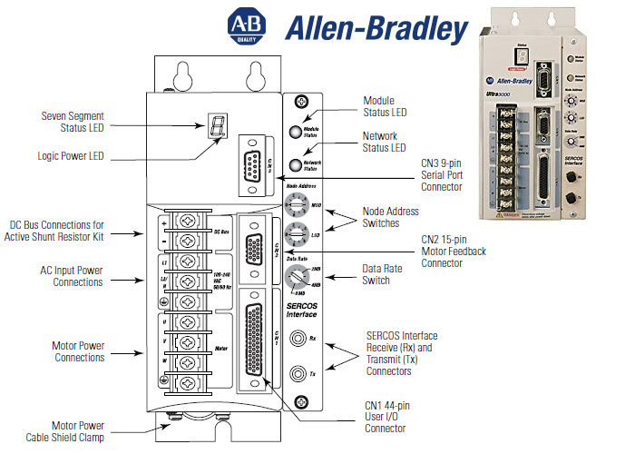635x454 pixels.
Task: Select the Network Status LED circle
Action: tap(296, 164)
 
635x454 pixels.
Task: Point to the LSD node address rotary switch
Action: tap(295, 234)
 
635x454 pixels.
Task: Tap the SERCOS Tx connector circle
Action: tap(296, 371)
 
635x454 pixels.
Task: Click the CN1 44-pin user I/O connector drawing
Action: tap(254, 340)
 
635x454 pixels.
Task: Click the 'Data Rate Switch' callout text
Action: tap(389, 274)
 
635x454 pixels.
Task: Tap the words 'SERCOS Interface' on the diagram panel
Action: tap(300, 310)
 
